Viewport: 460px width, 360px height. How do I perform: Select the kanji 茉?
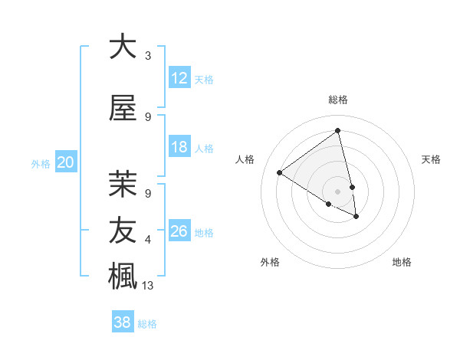pos(123,183)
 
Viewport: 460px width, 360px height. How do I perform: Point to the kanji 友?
pos(123,229)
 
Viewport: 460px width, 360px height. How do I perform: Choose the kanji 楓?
pos(123,275)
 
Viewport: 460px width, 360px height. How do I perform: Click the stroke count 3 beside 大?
pos(148,56)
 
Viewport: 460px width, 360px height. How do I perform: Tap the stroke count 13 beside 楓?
pos(149,286)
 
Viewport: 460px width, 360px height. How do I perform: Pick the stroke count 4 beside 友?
pos(148,240)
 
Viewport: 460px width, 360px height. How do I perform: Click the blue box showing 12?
pos(179,78)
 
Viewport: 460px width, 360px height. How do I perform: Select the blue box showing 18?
pos(179,147)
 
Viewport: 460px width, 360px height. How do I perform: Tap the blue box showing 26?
pos(179,231)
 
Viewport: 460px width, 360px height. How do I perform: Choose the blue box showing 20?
pos(66,162)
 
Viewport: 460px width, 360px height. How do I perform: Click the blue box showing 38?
pos(123,322)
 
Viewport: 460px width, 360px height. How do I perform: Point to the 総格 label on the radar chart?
pos(337,100)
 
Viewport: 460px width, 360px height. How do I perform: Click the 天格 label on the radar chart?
pos(431,159)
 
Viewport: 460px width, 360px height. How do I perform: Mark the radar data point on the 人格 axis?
pos(280,173)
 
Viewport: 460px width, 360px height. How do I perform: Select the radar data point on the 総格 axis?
pos(337,130)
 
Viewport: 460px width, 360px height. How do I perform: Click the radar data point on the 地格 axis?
pos(356,217)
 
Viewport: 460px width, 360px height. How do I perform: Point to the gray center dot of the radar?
pos(337,191)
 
